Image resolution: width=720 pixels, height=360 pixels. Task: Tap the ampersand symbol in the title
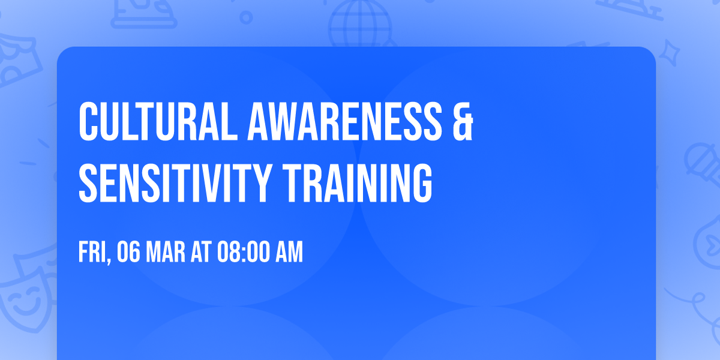(461, 122)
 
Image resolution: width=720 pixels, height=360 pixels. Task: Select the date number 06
(129, 253)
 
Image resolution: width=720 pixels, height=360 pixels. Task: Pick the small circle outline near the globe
(245, 19)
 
